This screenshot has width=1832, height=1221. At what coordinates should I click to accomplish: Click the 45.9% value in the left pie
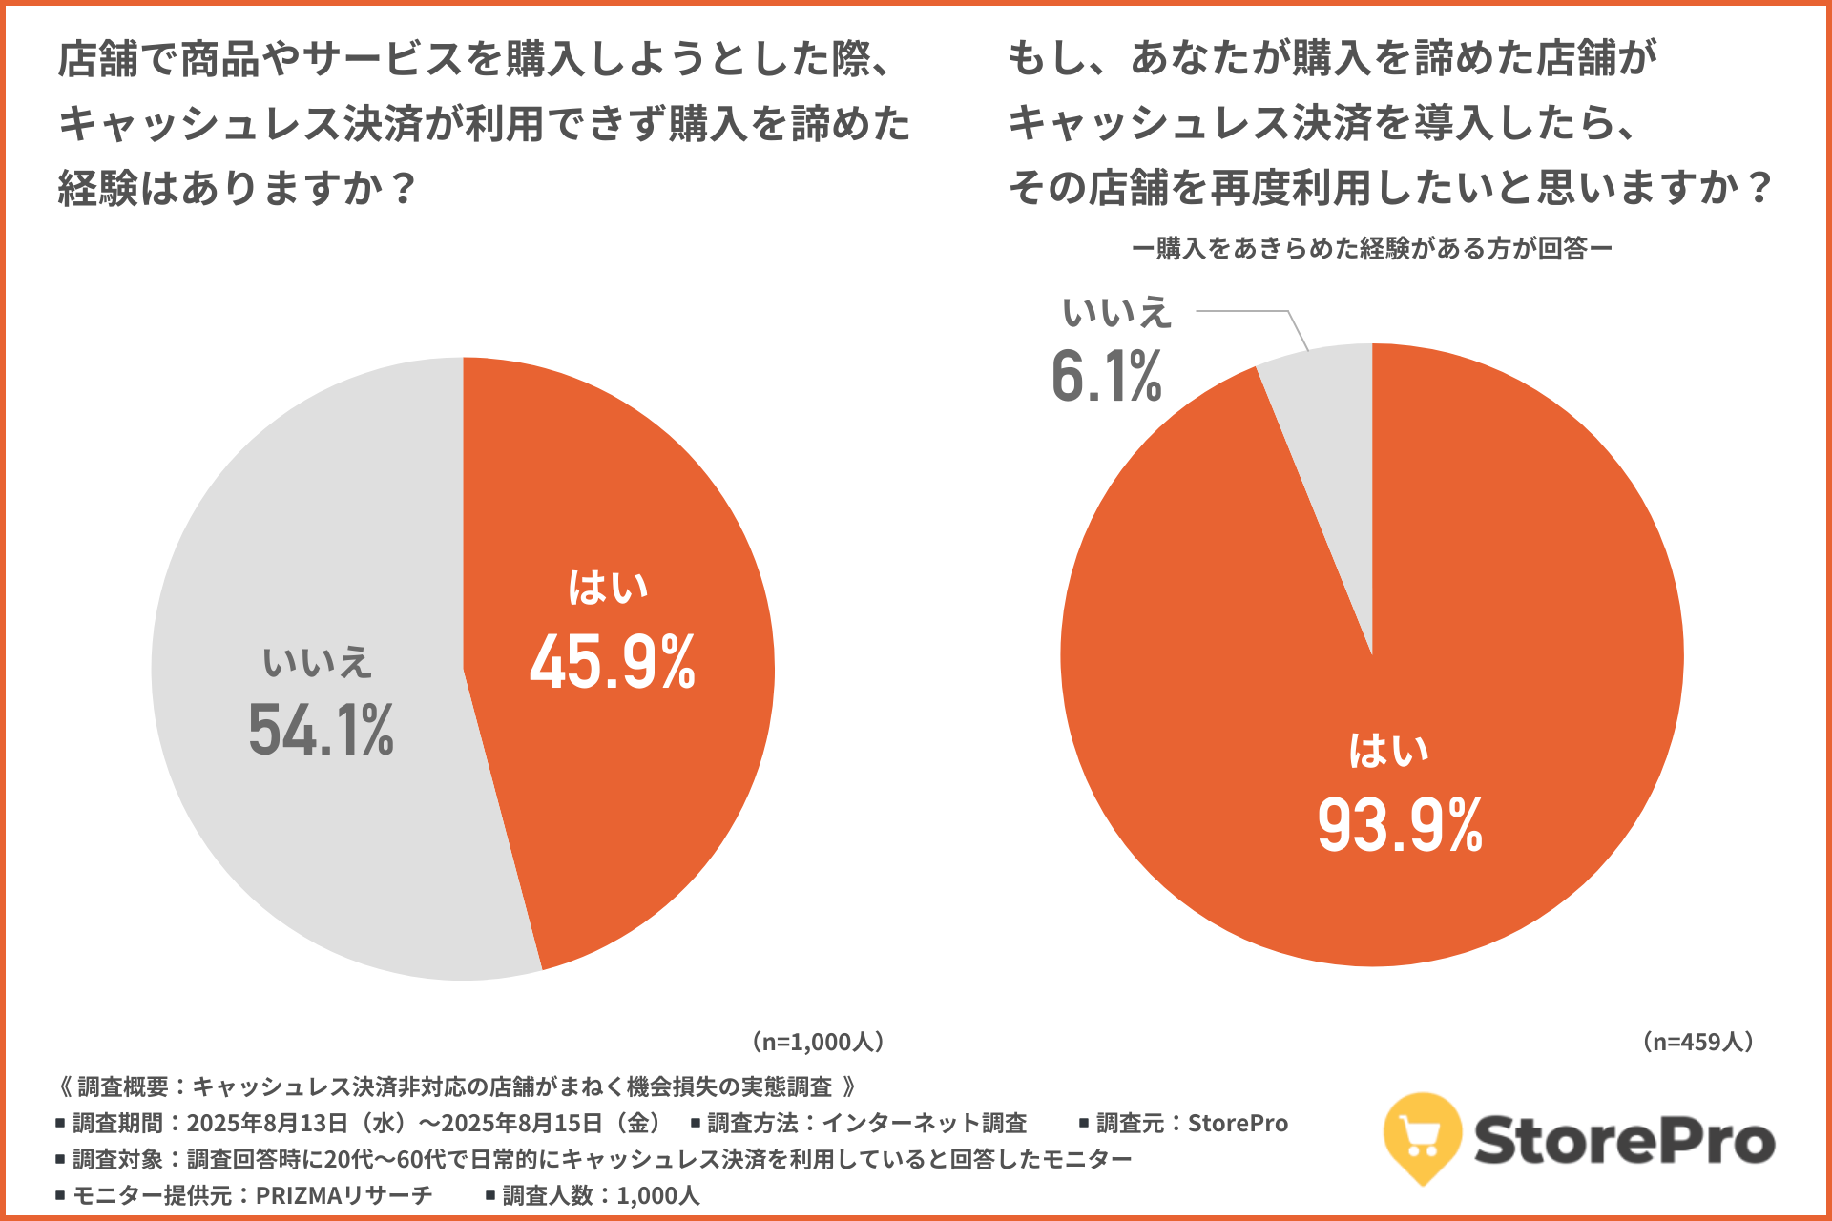point(613,662)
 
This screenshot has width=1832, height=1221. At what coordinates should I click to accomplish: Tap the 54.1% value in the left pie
point(321,731)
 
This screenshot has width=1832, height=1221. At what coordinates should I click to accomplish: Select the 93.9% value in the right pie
point(1400,825)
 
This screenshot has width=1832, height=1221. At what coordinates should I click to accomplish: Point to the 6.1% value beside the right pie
point(1107,377)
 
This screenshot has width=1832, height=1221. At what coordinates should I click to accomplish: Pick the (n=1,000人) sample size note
point(818,1042)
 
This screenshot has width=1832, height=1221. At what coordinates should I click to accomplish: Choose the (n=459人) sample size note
point(1698,1042)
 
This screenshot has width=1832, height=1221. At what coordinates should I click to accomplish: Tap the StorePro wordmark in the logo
point(1624,1141)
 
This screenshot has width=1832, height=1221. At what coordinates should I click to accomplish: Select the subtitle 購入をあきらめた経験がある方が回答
point(1372,249)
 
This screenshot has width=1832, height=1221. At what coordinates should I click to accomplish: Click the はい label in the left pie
point(608,588)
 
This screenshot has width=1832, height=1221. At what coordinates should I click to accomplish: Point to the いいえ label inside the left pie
point(317,662)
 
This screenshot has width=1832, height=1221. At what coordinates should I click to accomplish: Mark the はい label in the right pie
point(1388,751)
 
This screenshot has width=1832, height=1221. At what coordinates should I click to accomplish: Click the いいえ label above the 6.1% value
point(1116,313)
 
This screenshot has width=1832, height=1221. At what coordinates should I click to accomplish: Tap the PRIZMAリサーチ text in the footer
point(343,1195)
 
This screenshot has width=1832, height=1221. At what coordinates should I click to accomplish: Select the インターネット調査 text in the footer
point(924,1123)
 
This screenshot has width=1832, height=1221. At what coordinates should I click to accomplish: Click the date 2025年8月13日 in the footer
point(267,1123)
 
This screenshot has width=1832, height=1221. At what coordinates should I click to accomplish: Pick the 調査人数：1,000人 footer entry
point(600,1195)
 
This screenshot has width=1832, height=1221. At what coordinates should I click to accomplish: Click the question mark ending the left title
point(404,189)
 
